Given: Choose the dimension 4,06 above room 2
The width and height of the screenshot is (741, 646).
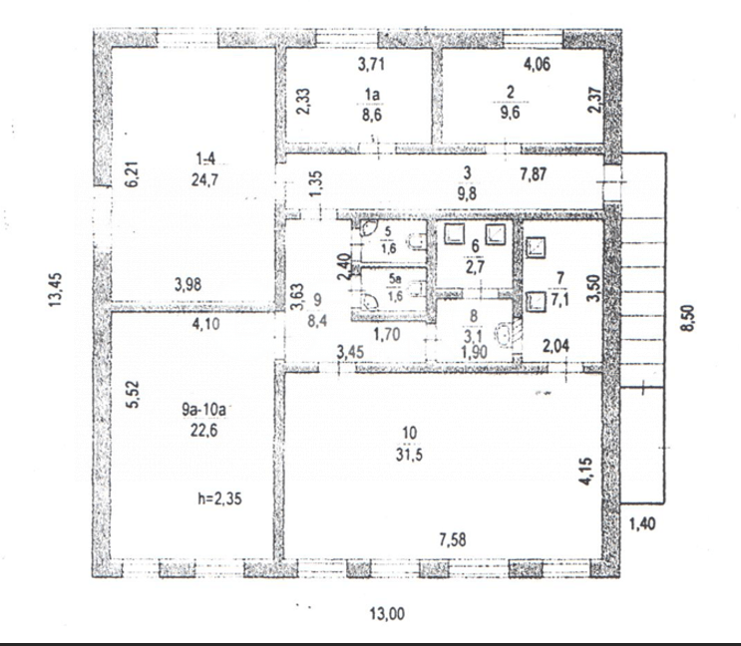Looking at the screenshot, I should click(539, 68).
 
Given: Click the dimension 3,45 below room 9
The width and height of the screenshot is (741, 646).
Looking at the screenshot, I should click(350, 351).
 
